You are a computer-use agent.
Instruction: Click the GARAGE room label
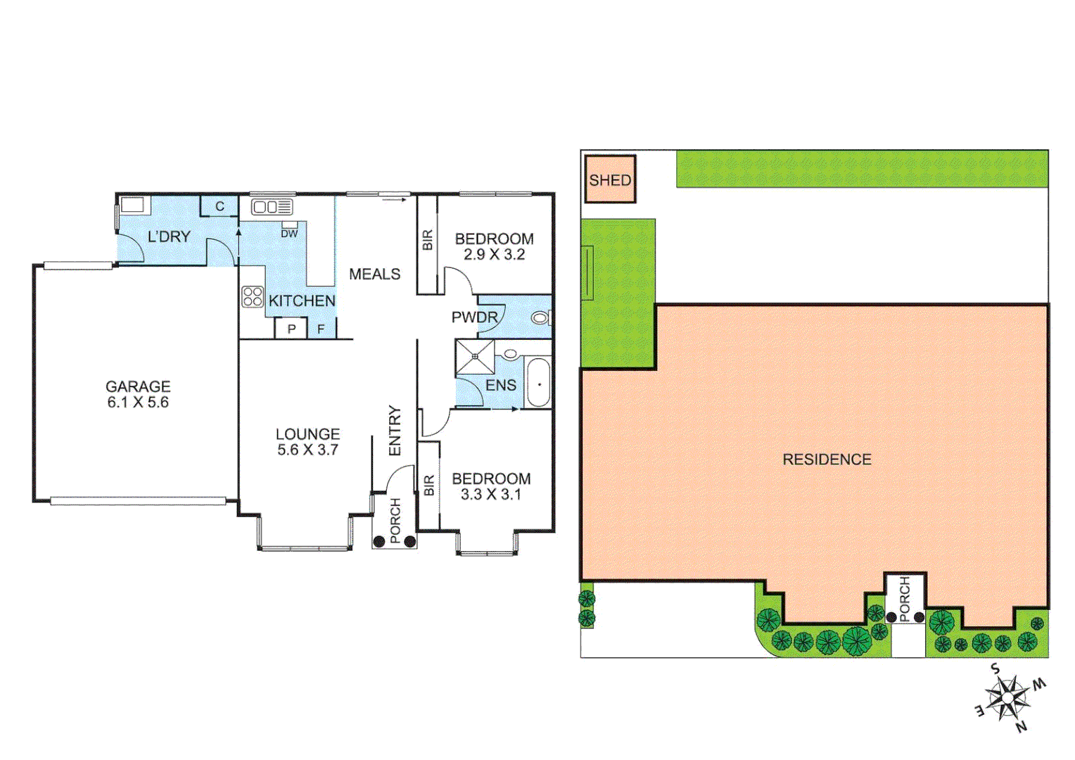(138, 386)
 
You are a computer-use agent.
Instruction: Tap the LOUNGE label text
(307, 434)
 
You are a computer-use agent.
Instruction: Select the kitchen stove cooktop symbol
(253, 297)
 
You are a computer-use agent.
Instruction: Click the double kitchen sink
(272, 207)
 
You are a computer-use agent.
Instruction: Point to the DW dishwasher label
(289, 234)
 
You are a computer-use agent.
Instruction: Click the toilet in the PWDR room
(540, 318)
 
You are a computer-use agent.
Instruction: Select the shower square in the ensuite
(475, 357)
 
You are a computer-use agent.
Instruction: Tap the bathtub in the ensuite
(539, 384)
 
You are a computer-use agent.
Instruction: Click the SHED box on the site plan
(610, 179)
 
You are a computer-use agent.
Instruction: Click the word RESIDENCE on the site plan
(827, 460)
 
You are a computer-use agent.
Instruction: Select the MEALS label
(374, 274)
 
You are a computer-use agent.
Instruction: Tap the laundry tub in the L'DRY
(133, 205)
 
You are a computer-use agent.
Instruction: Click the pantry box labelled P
(291, 329)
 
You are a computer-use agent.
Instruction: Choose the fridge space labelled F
(321, 329)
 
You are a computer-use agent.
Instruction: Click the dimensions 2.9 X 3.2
(494, 255)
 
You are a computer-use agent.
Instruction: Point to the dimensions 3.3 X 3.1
(491, 495)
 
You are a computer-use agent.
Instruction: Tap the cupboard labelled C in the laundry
(220, 206)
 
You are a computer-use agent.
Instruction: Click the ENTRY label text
(395, 431)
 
